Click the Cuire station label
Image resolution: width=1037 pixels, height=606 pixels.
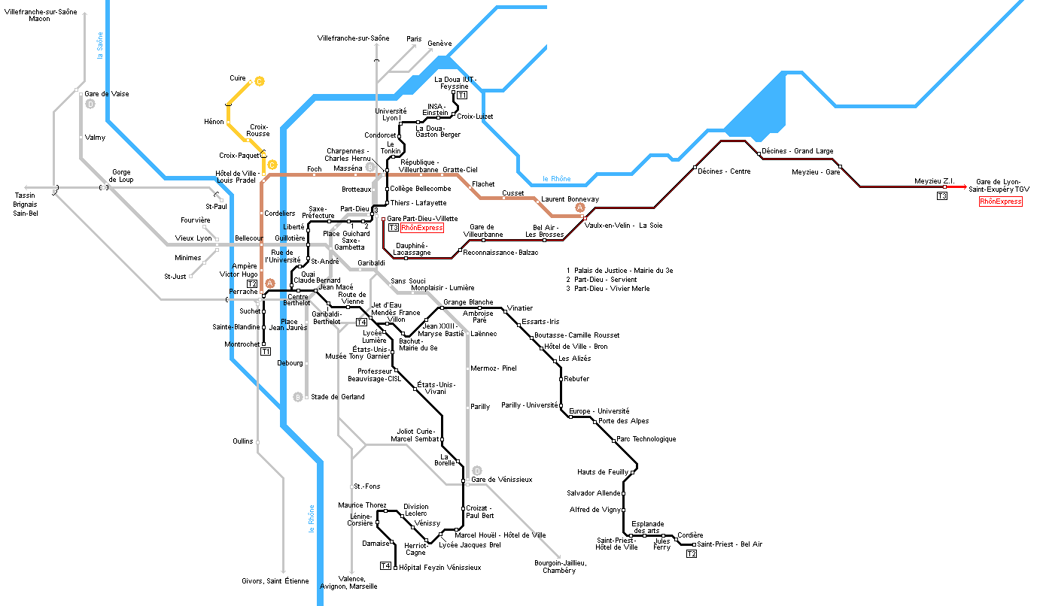(x=238, y=78)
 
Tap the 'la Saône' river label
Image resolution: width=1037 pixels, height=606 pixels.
(x=100, y=45)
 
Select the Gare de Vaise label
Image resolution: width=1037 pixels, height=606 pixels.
(x=106, y=94)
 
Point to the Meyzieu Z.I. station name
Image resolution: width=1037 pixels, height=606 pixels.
(x=934, y=181)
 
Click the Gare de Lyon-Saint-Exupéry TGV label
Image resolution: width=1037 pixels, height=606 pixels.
(x=1002, y=186)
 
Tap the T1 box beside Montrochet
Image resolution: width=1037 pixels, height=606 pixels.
(x=266, y=351)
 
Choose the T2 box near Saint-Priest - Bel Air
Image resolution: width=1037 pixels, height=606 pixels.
(x=692, y=554)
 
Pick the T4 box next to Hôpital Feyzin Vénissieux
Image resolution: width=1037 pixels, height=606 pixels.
(x=386, y=565)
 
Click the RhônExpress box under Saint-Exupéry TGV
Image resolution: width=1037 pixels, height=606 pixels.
(x=1000, y=201)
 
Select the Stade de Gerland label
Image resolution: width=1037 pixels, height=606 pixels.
(x=337, y=397)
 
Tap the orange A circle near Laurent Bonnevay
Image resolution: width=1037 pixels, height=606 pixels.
(x=579, y=208)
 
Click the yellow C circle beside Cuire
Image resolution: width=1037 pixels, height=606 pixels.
(x=259, y=81)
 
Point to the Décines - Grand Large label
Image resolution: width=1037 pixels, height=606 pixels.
(x=797, y=151)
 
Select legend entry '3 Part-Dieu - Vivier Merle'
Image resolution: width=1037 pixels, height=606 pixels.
(x=608, y=289)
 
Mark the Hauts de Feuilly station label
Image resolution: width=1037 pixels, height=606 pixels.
(x=602, y=472)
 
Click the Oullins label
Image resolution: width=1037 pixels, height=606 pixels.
(x=243, y=441)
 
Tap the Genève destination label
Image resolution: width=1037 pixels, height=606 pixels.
(x=439, y=44)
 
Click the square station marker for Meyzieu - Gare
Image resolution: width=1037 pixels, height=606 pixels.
(x=840, y=167)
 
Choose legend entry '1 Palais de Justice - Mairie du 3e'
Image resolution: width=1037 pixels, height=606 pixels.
(x=619, y=270)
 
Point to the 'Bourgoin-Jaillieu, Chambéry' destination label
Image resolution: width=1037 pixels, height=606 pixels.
(x=555, y=566)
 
